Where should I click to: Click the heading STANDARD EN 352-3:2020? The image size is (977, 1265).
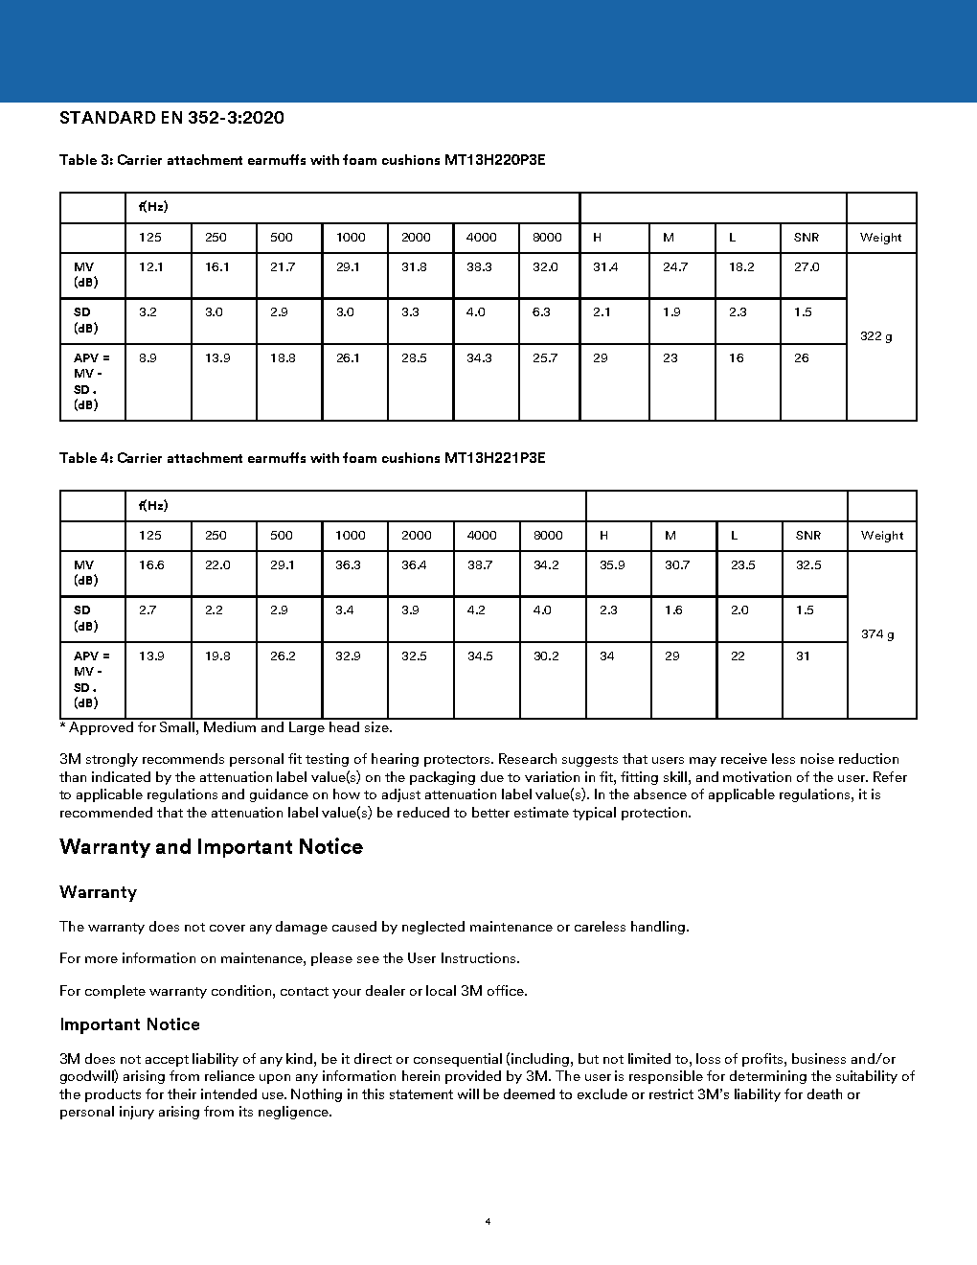[171, 118]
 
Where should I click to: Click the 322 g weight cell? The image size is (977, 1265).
[875, 336]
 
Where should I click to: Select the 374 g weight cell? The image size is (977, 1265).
[877, 634]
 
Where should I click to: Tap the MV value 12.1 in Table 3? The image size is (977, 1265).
[150, 267]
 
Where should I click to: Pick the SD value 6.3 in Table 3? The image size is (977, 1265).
[541, 312]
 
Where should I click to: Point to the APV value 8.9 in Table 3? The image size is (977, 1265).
[148, 358]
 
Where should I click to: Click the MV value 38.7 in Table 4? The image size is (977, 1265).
[480, 565]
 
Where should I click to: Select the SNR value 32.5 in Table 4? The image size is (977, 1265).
[808, 565]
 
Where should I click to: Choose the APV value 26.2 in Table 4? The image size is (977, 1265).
[283, 656]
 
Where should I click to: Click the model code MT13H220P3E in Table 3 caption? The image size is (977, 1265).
[494, 160]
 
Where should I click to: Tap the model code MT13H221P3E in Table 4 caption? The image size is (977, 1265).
[494, 458]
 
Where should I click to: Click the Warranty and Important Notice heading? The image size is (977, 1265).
[211, 847]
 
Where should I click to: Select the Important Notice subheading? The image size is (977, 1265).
[129, 1024]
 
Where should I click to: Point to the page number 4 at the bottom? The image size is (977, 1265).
[488, 1222]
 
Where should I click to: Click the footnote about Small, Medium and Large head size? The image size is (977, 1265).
[226, 728]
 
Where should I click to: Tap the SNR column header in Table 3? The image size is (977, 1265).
[807, 238]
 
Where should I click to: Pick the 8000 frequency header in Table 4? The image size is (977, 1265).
[548, 536]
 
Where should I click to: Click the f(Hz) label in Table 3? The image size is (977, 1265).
[153, 207]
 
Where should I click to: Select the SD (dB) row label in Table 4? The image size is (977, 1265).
[85, 618]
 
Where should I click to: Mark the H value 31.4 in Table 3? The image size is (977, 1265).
[605, 267]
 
